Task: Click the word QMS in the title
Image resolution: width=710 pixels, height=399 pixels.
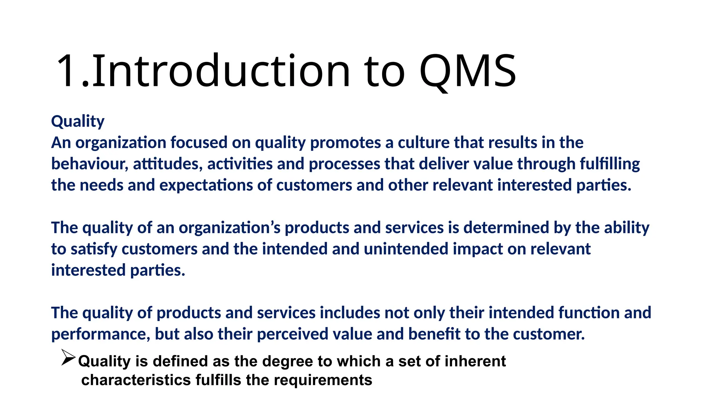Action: tap(467, 71)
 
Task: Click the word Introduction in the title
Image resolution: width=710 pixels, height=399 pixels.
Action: tap(221, 71)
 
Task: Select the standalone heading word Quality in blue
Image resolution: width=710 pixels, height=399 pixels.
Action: tap(78, 121)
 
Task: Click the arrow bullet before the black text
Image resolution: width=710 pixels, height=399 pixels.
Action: tap(68, 357)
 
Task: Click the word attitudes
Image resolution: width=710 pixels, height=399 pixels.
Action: tap(167, 164)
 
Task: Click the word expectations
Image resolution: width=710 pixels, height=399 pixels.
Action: tap(206, 185)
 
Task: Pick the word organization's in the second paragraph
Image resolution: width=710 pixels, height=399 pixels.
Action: tap(229, 228)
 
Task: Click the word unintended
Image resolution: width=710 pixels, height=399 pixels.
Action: tap(406, 249)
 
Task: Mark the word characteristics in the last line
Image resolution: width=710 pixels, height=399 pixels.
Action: tap(136, 380)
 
